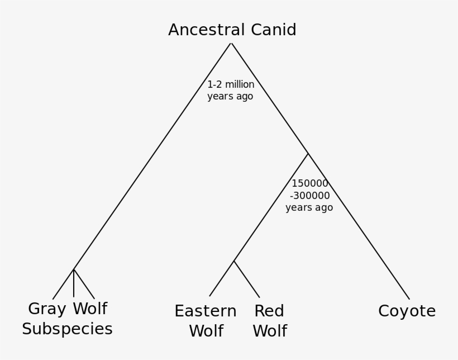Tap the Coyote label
(407, 311)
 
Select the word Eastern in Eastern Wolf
(205, 311)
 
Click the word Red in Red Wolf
(269, 311)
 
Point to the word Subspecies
(67, 329)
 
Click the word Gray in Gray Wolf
(47, 309)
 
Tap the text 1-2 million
(231, 85)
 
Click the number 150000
(309, 184)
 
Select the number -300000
(309, 196)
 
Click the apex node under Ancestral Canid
(231, 44)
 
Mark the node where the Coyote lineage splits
(308, 154)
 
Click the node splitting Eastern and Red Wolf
(234, 261)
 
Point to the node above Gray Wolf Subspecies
(74, 269)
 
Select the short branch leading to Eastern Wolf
(222, 279)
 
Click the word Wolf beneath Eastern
(206, 331)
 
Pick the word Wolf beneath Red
(269, 331)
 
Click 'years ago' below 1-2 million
(230, 97)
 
